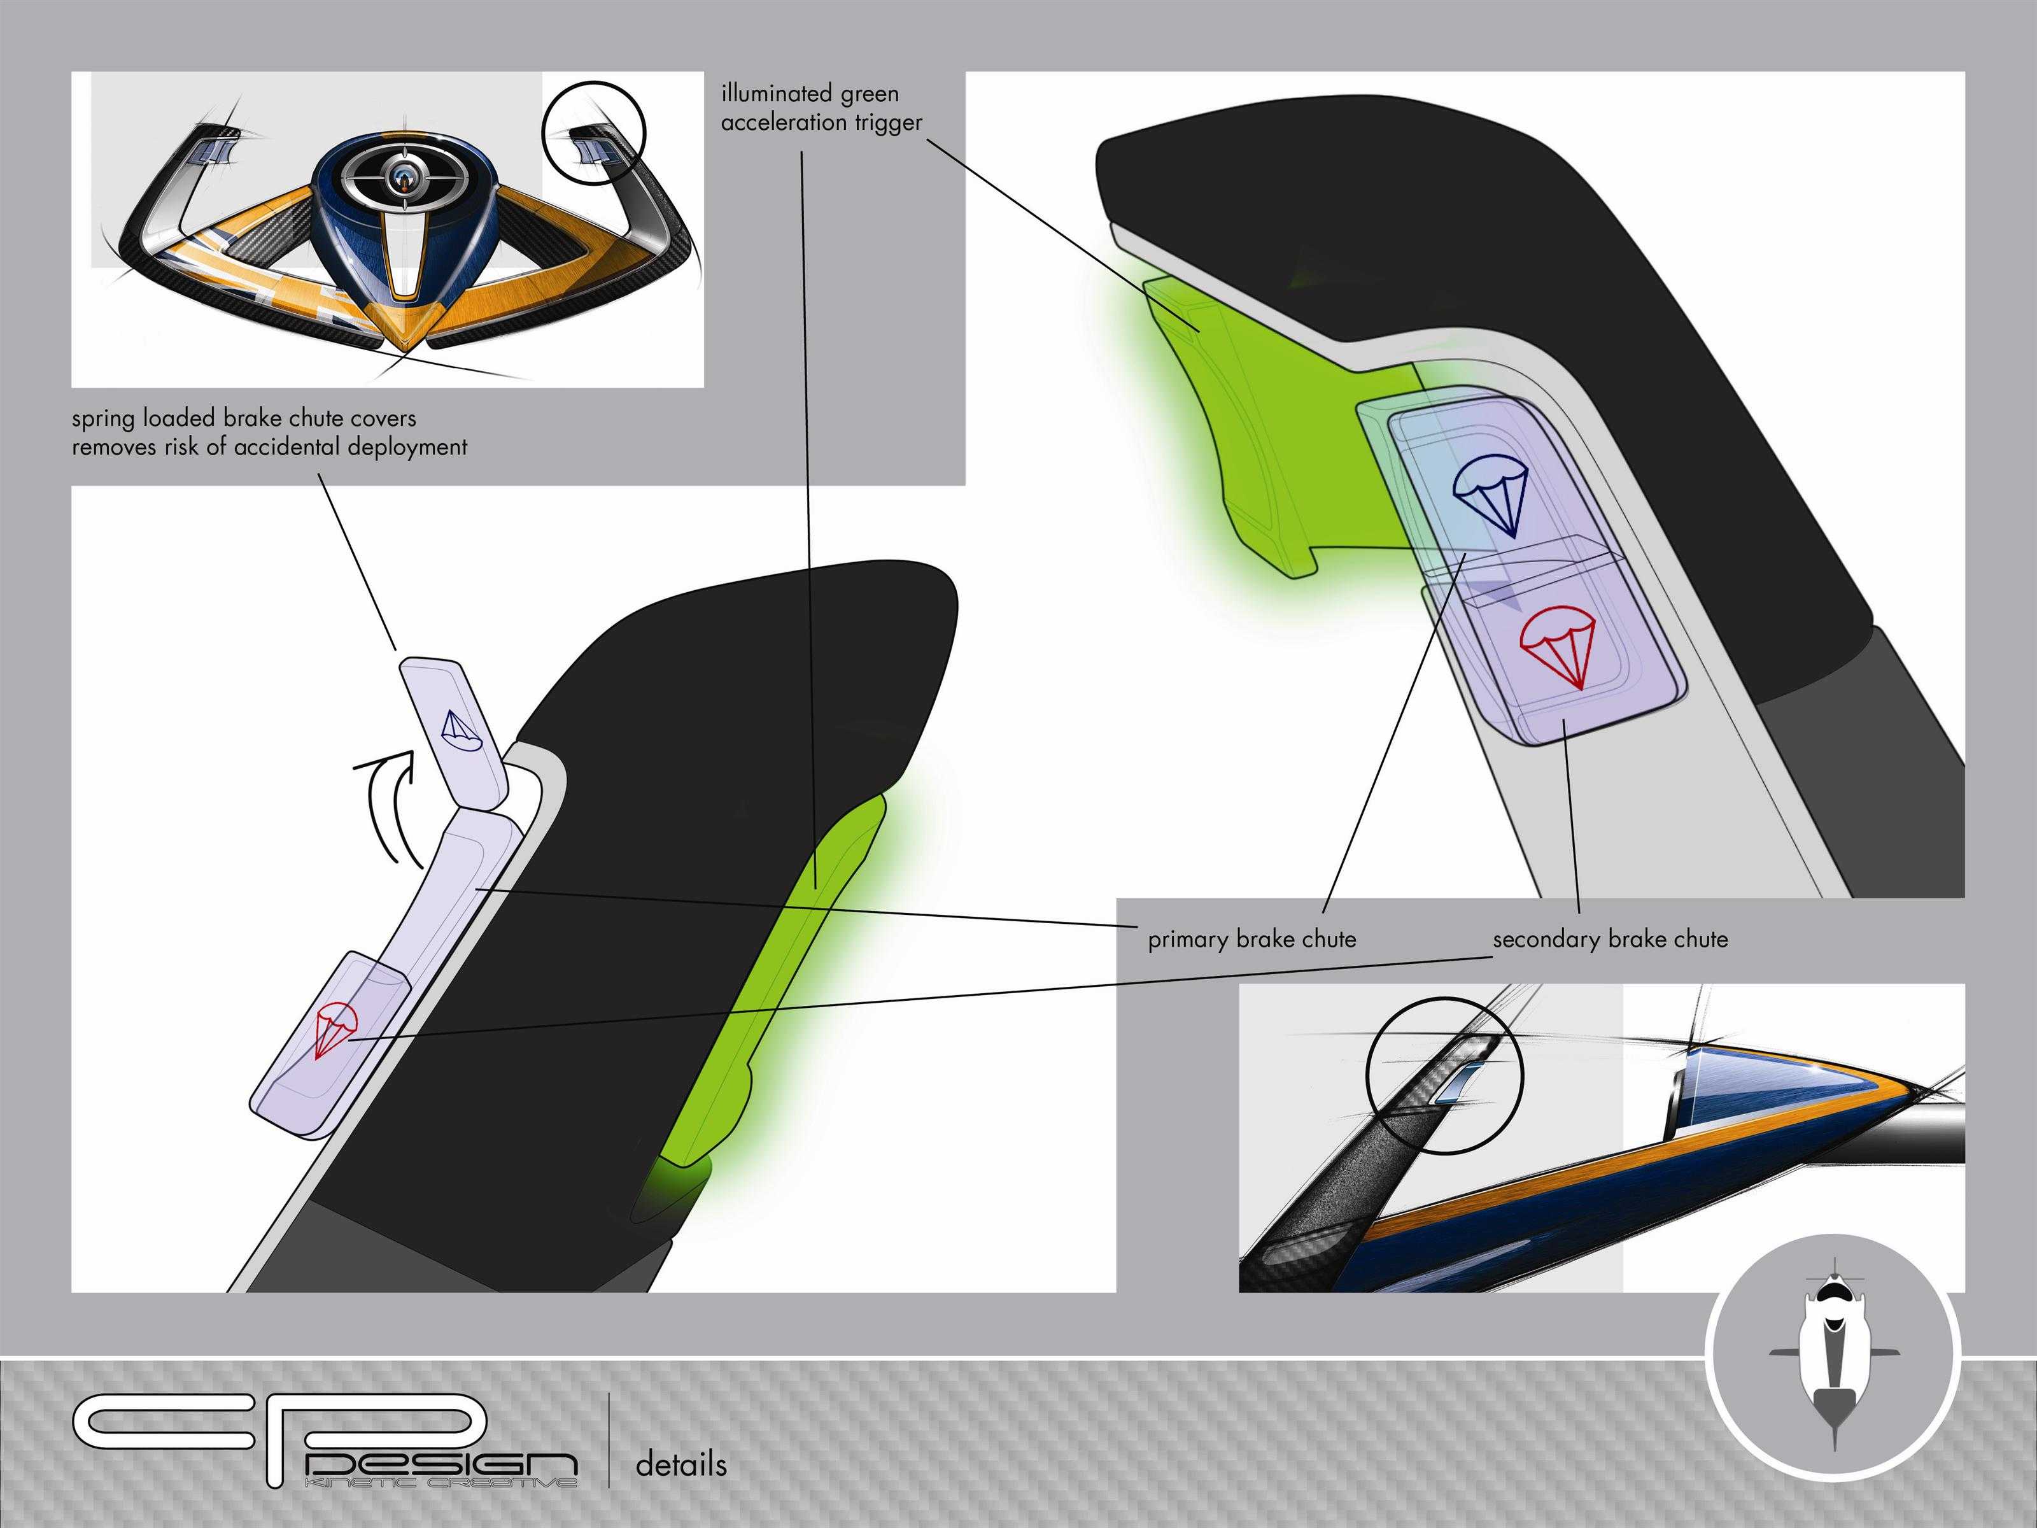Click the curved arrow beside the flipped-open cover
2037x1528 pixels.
pyautogui.click(x=387, y=806)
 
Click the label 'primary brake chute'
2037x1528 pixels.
pyautogui.click(x=1251, y=940)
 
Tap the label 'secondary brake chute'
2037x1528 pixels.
pyautogui.click(x=1610, y=940)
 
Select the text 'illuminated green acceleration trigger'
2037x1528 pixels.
pyautogui.click(x=821, y=108)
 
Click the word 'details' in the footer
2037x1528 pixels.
pyautogui.click(x=680, y=1464)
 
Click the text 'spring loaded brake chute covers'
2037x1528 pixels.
pyautogui.click(x=244, y=418)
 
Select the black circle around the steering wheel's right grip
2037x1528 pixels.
pyautogui.click(x=594, y=134)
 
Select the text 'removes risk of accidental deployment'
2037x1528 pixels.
pyautogui.click(x=270, y=448)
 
